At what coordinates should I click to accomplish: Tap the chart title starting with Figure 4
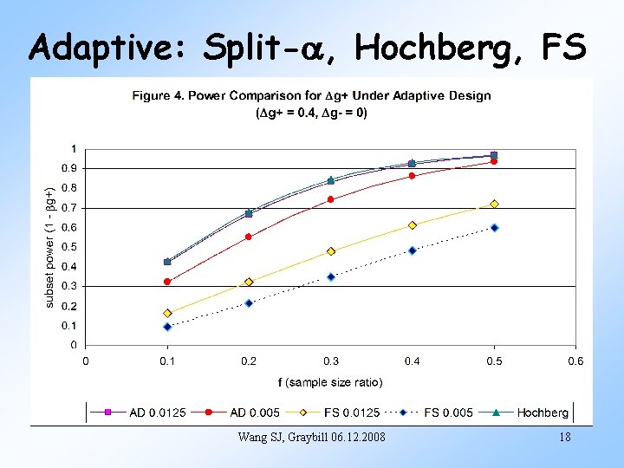[311, 95]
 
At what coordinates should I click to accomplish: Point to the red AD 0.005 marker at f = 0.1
[167, 281]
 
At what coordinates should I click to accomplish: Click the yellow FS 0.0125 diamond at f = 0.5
[494, 204]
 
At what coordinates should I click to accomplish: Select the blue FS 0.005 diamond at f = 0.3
[331, 276]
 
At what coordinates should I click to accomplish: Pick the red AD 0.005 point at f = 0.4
[413, 175]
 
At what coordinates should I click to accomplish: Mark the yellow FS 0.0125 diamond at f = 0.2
[249, 282]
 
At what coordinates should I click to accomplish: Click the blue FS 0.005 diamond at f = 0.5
[494, 227]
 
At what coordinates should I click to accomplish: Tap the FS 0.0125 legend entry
[338, 413]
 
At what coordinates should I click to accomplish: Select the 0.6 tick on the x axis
[575, 361]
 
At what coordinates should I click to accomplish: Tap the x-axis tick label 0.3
[330, 361]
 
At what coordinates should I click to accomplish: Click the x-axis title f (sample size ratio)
[330, 381]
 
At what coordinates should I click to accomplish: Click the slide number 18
[564, 438]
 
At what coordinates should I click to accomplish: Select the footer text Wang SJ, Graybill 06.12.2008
[311, 437]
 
